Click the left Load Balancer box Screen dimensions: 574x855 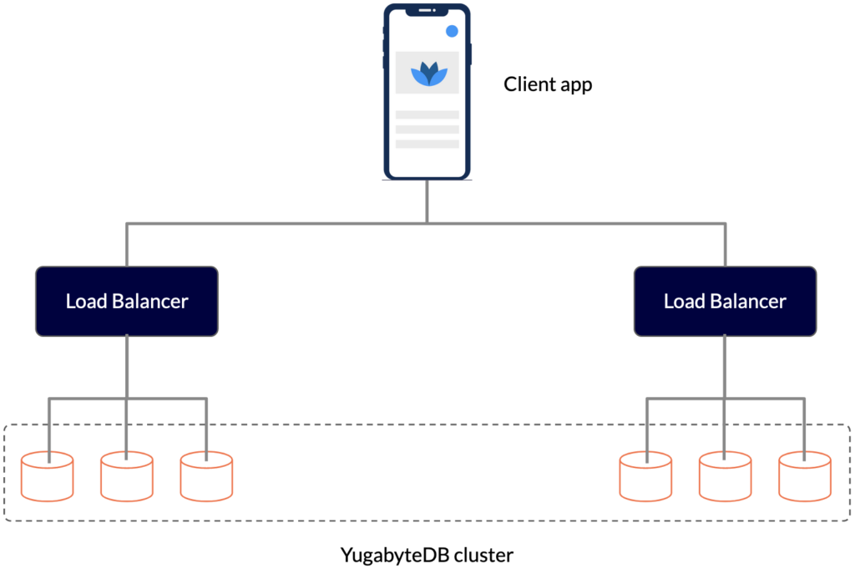click(127, 301)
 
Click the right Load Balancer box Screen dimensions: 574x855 click(725, 301)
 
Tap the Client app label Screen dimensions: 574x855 click(548, 84)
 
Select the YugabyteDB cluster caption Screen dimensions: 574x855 click(427, 555)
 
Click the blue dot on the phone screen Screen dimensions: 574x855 click(452, 31)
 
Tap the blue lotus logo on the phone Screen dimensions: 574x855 click(427, 74)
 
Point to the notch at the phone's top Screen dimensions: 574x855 click(427, 11)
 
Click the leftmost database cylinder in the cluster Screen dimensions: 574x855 click(47, 476)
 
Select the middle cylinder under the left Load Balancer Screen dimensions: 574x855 click(127, 476)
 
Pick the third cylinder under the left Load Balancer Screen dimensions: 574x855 click(206, 476)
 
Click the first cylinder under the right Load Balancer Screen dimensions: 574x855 click(645, 476)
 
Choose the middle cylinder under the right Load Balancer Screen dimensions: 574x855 click(725, 476)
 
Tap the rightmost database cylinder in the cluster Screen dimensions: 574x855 click(805, 476)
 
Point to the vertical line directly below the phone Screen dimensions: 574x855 click(427, 201)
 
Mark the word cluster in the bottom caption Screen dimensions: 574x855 click(484, 555)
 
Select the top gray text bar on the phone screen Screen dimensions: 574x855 click(427, 114)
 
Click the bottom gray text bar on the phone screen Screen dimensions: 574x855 click(427, 144)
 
